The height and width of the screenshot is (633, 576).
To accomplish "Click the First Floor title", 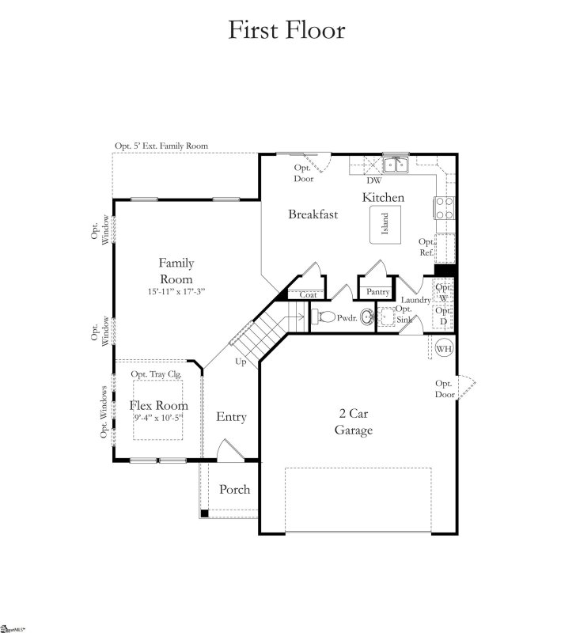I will [286, 30].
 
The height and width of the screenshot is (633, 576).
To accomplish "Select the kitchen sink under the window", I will [393, 165].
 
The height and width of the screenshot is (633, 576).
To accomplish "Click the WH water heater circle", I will [444, 347].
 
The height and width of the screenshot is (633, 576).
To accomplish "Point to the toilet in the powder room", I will [324, 317].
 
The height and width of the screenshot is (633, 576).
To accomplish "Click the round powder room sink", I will [366, 318].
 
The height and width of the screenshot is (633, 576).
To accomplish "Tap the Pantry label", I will [377, 292].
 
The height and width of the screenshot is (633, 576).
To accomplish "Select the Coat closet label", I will [308, 295].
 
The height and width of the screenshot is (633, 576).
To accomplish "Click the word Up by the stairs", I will [241, 361].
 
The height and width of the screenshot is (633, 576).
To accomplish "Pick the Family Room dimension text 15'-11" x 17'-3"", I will [176, 292].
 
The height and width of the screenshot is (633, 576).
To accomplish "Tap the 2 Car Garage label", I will [355, 423].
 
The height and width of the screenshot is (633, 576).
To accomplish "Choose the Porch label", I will [234, 489].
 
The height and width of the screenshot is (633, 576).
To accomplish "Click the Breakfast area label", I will [313, 214].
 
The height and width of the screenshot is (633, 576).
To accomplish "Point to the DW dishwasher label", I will [373, 180].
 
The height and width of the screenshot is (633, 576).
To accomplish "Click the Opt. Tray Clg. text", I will [157, 374].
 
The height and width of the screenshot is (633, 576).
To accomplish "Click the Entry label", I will [231, 417].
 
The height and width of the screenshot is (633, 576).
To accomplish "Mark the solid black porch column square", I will [204, 514].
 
